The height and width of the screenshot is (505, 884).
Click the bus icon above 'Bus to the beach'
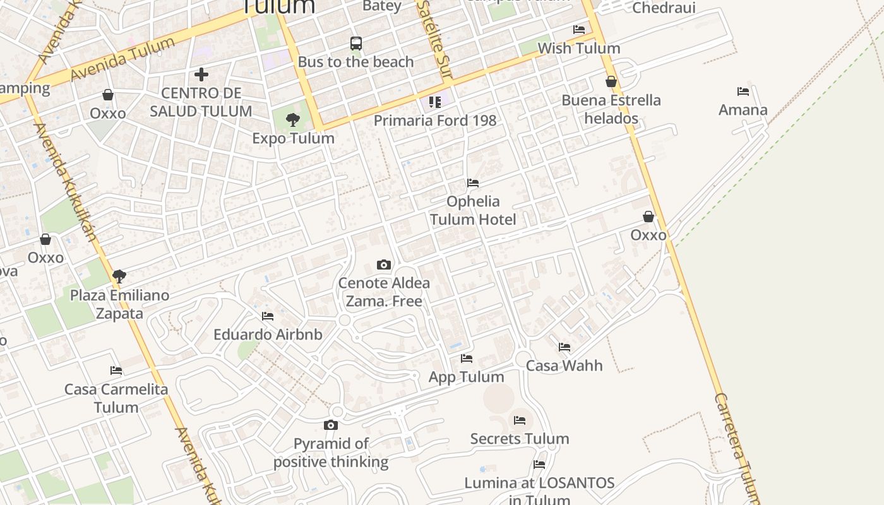click(356, 44)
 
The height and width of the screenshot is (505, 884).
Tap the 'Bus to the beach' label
click(356, 62)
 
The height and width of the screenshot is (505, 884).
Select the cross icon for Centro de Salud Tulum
click(201, 74)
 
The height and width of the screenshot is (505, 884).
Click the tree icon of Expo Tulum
click(292, 119)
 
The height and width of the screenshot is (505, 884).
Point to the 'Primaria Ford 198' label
click(435, 120)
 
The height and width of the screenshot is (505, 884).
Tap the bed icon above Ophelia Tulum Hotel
click(473, 183)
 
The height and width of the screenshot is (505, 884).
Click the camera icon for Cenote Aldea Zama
click(384, 264)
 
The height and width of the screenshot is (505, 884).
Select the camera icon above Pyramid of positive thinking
click(331, 425)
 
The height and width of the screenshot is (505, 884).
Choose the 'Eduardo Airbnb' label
click(268, 335)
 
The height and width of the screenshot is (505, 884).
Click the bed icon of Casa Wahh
click(564, 347)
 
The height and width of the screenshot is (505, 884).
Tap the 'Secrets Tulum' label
click(520, 439)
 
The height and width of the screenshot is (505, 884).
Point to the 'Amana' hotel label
click(743, 110)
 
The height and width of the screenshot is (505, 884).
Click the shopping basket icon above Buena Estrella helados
click(611, 81)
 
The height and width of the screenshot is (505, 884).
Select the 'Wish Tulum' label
click(579, 48)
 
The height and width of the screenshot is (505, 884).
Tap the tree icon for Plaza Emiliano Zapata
click(119, 276)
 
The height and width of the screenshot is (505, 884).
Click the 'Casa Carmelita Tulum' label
click(116, 398)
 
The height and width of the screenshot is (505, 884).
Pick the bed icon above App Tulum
click(467, 359)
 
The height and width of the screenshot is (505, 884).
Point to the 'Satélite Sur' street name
click(436, 38)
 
